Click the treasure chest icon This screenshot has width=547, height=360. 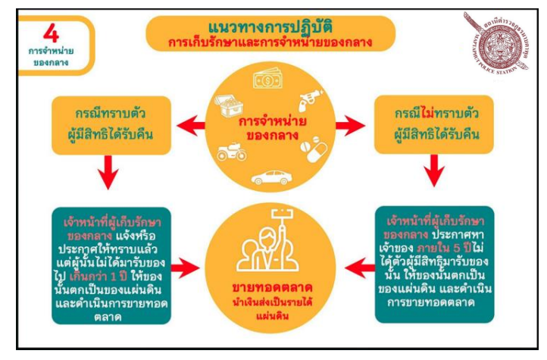pyautogui.click(x=230, y=107)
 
